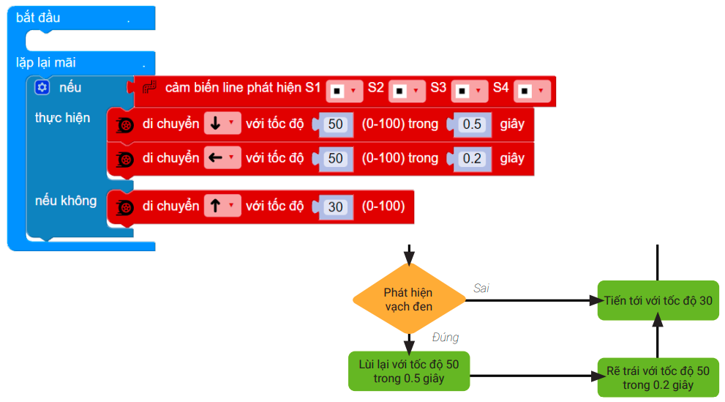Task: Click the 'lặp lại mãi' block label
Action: [46, 62]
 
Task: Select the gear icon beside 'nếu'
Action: [42, 87]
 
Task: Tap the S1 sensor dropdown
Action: [345, 91]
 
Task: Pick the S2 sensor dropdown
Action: [407, 91]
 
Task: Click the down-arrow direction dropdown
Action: [222, 124]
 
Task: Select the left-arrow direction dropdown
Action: [222, 157]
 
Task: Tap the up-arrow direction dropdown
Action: [222, 206]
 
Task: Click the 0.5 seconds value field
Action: [473, 124]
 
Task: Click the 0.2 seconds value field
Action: [473, 157]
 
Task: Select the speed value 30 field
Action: [335, 206]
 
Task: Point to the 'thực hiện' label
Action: [63, 117]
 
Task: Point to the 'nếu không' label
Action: [66, 200]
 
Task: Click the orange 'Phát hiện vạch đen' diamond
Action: [409, 299]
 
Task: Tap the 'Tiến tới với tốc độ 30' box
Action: [658, 300]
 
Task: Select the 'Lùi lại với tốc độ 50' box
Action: [409, 371]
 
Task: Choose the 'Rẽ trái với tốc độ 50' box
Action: [658, 377]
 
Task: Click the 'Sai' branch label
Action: [481, 288]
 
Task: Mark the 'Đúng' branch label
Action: [446, 338]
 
